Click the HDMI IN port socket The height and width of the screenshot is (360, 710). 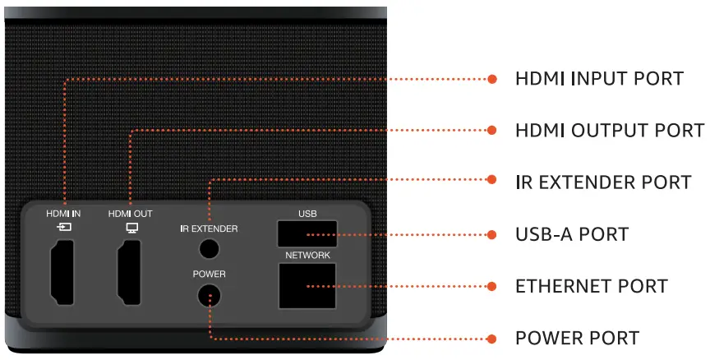pos(64,272)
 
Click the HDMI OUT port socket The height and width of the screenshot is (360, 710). pos(130,272)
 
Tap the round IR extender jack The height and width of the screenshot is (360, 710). pos(209,247)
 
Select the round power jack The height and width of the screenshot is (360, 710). pos(209,296)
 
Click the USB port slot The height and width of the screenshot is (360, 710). pos(307,235)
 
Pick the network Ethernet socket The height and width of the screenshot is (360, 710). pos(307,286)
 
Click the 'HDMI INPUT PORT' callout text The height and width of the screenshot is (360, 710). pos(599,79)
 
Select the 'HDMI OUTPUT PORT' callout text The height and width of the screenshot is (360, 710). pos(609,131)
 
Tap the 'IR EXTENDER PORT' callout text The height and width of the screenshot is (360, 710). pos(602,182)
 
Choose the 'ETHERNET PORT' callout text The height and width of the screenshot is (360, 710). pos(591,286)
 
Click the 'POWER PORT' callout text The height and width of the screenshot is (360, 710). pos(577,338)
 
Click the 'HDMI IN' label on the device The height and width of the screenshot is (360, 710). pos(64,214)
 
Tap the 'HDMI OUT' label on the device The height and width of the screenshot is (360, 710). pos(130,214)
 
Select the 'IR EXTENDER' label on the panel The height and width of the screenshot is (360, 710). pos(209,228)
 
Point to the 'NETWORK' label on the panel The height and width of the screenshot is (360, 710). pos(307,256)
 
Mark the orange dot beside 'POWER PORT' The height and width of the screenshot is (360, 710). pos(492,338)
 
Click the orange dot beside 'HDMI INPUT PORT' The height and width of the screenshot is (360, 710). pos(492,79)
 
